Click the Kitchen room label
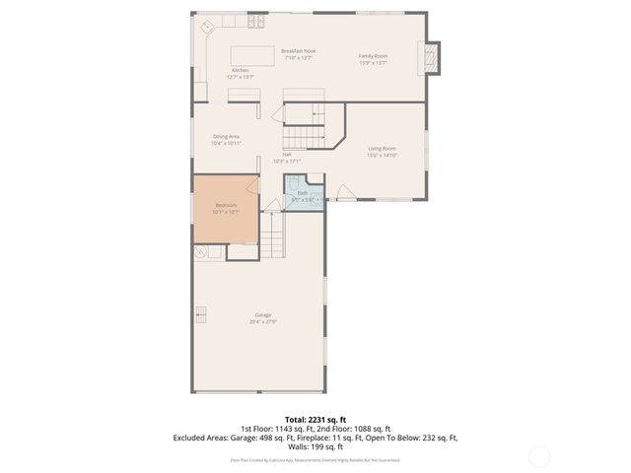point(241,70)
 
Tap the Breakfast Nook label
point(298,50)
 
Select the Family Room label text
point(372,56)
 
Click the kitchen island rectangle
point(254,55)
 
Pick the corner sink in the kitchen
point(207,29)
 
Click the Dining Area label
point(226,137)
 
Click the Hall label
point(286,155)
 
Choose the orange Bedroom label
point(226,205)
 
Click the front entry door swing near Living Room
point(341,192)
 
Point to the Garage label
point(263,315)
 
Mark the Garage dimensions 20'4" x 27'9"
point(263,322)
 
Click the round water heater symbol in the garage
point(202,253)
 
